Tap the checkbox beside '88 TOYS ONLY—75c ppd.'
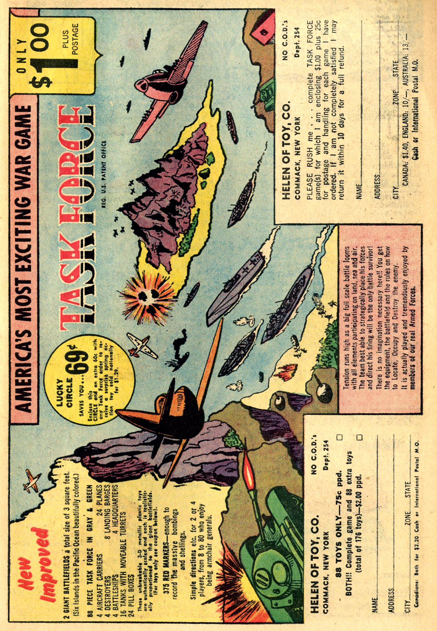(340, 437)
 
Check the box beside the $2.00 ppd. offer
(359, 437)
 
